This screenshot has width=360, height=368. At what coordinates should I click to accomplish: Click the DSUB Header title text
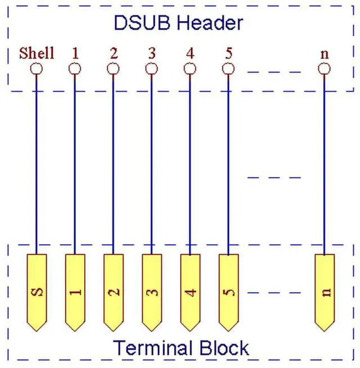tap(178, 23)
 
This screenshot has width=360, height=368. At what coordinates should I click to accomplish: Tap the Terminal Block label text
tap(181, 348)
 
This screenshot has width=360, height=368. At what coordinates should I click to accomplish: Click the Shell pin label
tap(37, 53)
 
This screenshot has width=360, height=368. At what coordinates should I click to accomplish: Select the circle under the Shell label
tap(37, 69)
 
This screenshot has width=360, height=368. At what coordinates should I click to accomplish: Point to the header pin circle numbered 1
tap(75, 69)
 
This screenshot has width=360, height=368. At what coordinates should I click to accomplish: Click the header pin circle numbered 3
tap(151, 69)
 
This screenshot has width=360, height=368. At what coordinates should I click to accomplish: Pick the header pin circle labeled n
tap(325, 69)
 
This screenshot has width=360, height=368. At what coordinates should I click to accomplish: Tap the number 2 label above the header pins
tap(114, 53)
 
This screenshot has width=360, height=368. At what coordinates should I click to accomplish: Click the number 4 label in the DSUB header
tap(190, 53)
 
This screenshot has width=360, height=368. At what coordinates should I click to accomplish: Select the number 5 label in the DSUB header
tap(228, 53)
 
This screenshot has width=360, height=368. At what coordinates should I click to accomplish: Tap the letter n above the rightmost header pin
tap(325, 54)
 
